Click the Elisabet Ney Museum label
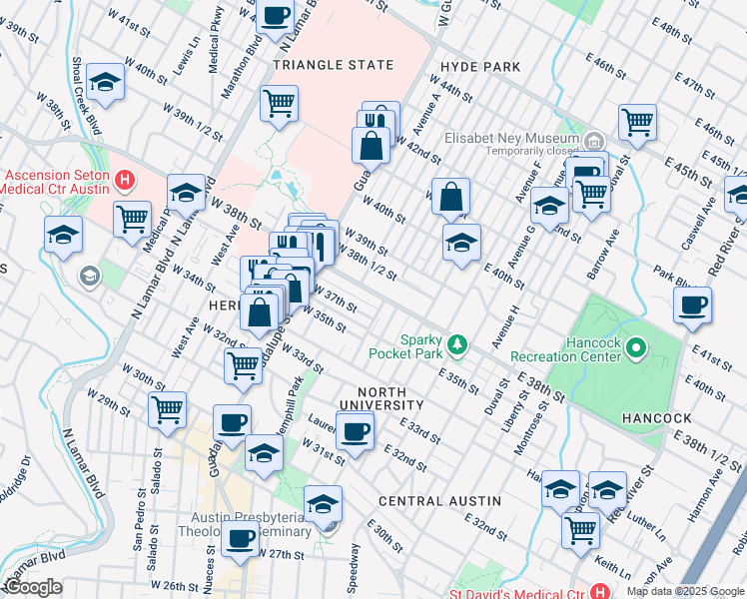click(x=511, y=139)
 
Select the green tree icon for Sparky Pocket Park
click(x=457, y=344)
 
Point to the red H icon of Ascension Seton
click(x=125, y=181)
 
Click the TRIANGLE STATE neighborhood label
click(x=334, y=65)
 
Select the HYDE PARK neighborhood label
click(x=474, y=67)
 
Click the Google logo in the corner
click(x=34, y=588)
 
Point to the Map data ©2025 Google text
click(x=685, y=591)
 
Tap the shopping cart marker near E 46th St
click(x=636, y=123)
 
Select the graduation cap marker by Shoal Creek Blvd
click(x=105, y=84)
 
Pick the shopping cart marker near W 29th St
click(x=167, y=408)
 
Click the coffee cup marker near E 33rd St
click(x=354, y=431)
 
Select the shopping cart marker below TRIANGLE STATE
click(x=279, y=102)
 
